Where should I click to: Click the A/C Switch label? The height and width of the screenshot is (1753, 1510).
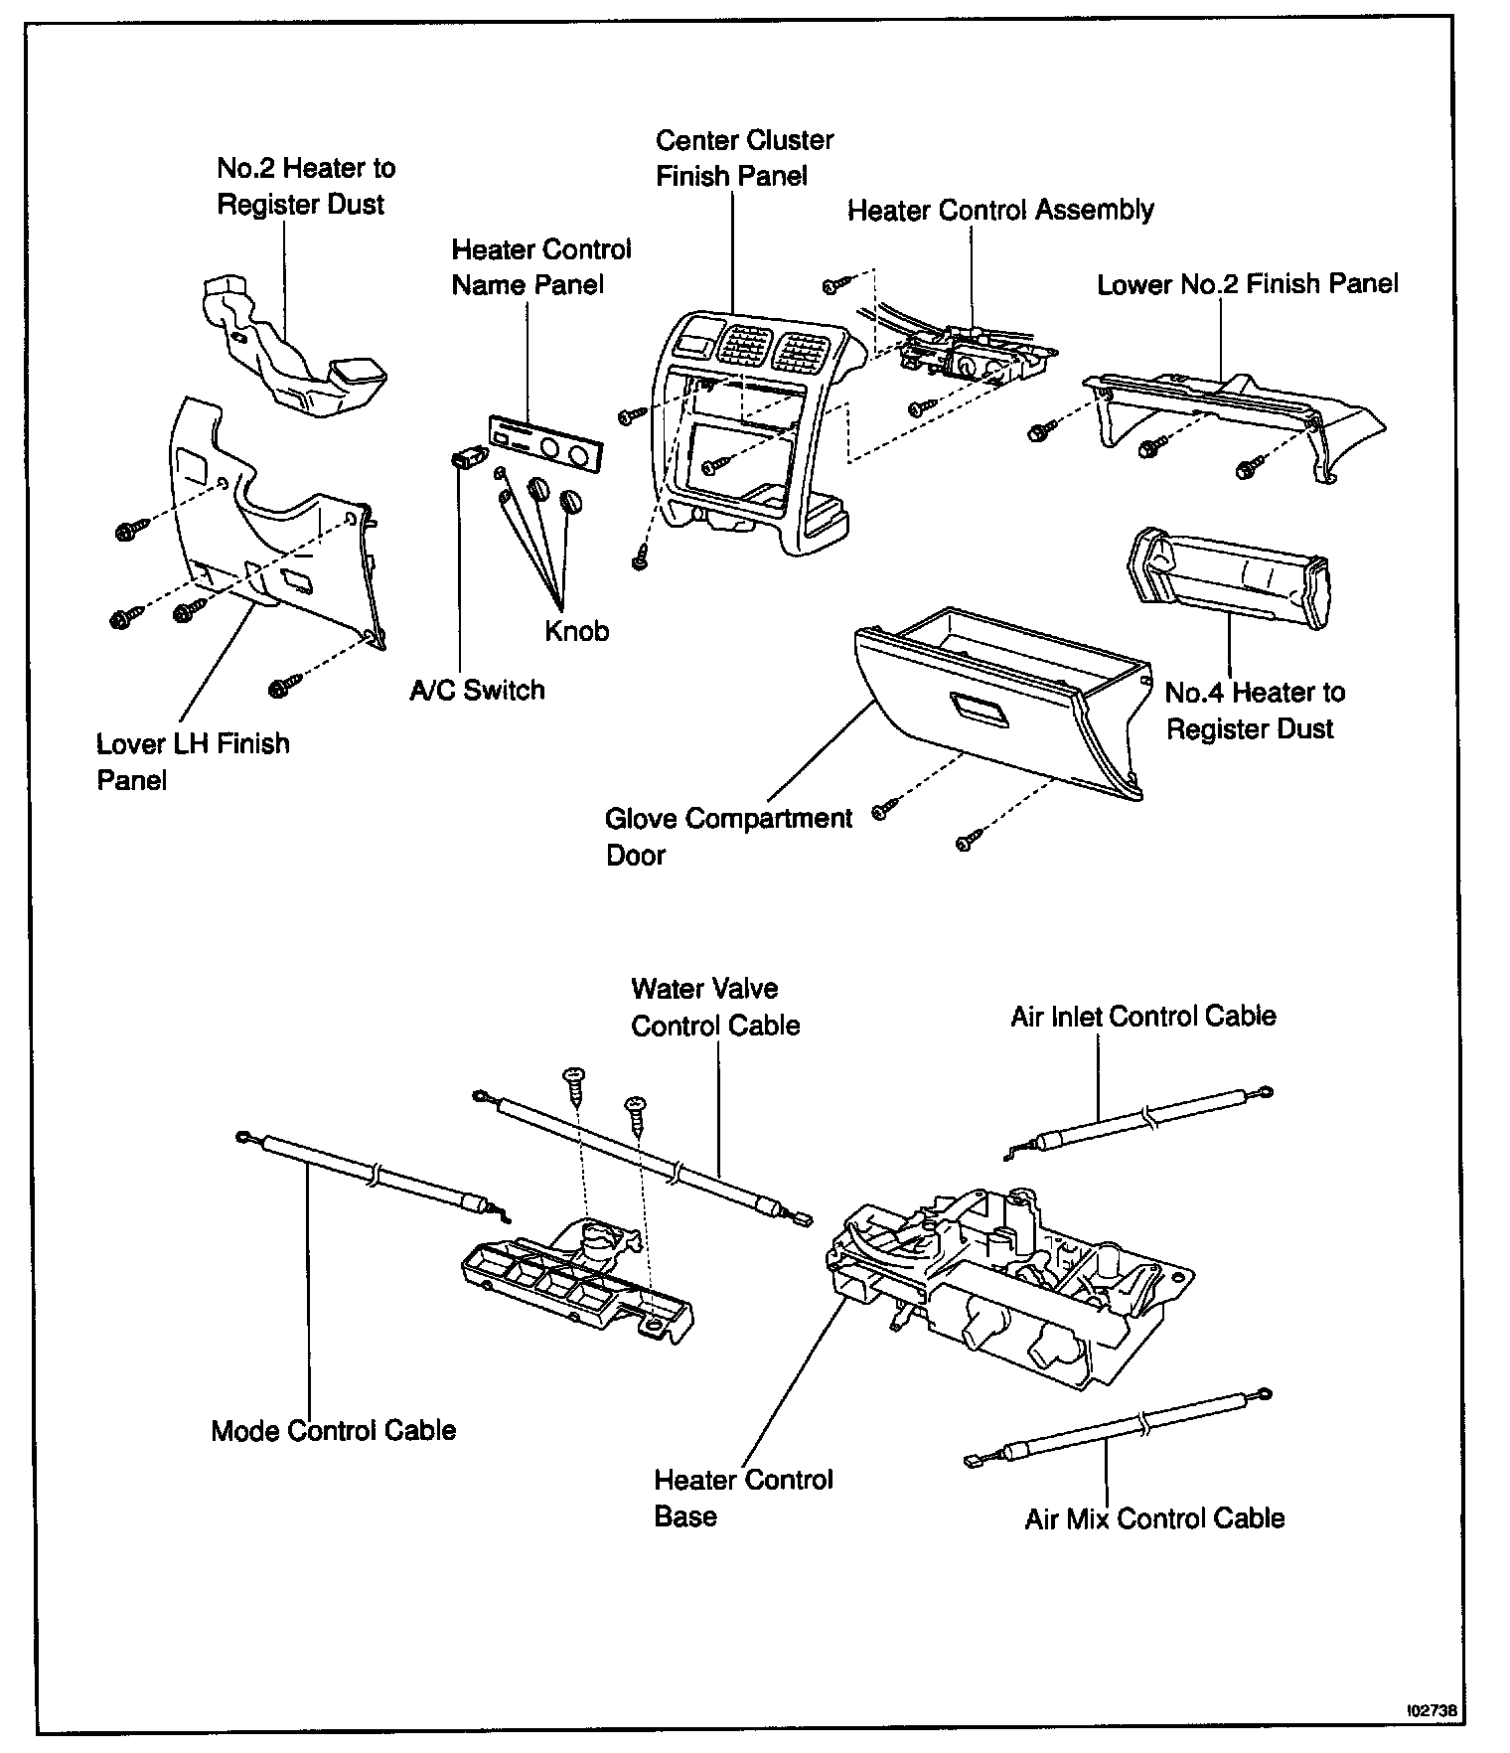pyautogui.click(x=477, y=690)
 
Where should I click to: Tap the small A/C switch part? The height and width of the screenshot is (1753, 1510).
pyautogui.click(x=467, y=458)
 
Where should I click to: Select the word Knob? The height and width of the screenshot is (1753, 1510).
pyautogui.click(x=576, y=631)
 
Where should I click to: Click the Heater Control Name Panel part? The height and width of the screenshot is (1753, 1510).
pyautogui.click(x=546, y=442)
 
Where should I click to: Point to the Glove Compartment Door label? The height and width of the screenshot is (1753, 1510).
pyautogui.click(x=728, y=837)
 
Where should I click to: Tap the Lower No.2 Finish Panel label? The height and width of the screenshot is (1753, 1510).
pyautogui.click(x=1247, y=284)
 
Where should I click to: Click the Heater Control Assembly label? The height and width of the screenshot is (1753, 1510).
pyautogui.click(x=1000, y=211)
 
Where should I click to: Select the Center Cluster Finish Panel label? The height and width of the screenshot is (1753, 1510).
pyautogui.click(x=744, y=158)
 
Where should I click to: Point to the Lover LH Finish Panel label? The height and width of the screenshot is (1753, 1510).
pyautogui.click(x=193, y=761)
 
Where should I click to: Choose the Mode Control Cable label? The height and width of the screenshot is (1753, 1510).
pyautogui.click(x=334, y=1430)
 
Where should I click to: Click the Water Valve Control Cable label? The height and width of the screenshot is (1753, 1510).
pyautogui.click(x=715, y=1007)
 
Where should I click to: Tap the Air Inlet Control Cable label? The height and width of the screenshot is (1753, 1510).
pyautogui.click(x=1143, y=1016)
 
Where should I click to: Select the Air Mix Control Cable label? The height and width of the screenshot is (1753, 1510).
pyautogui.click(x=1154, y=1518)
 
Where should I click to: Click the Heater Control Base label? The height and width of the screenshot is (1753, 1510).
pyautogui.click(x=743, y=1498)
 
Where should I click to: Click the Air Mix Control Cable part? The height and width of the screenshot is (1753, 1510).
pyautogui.click(x=1123, y=1428)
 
